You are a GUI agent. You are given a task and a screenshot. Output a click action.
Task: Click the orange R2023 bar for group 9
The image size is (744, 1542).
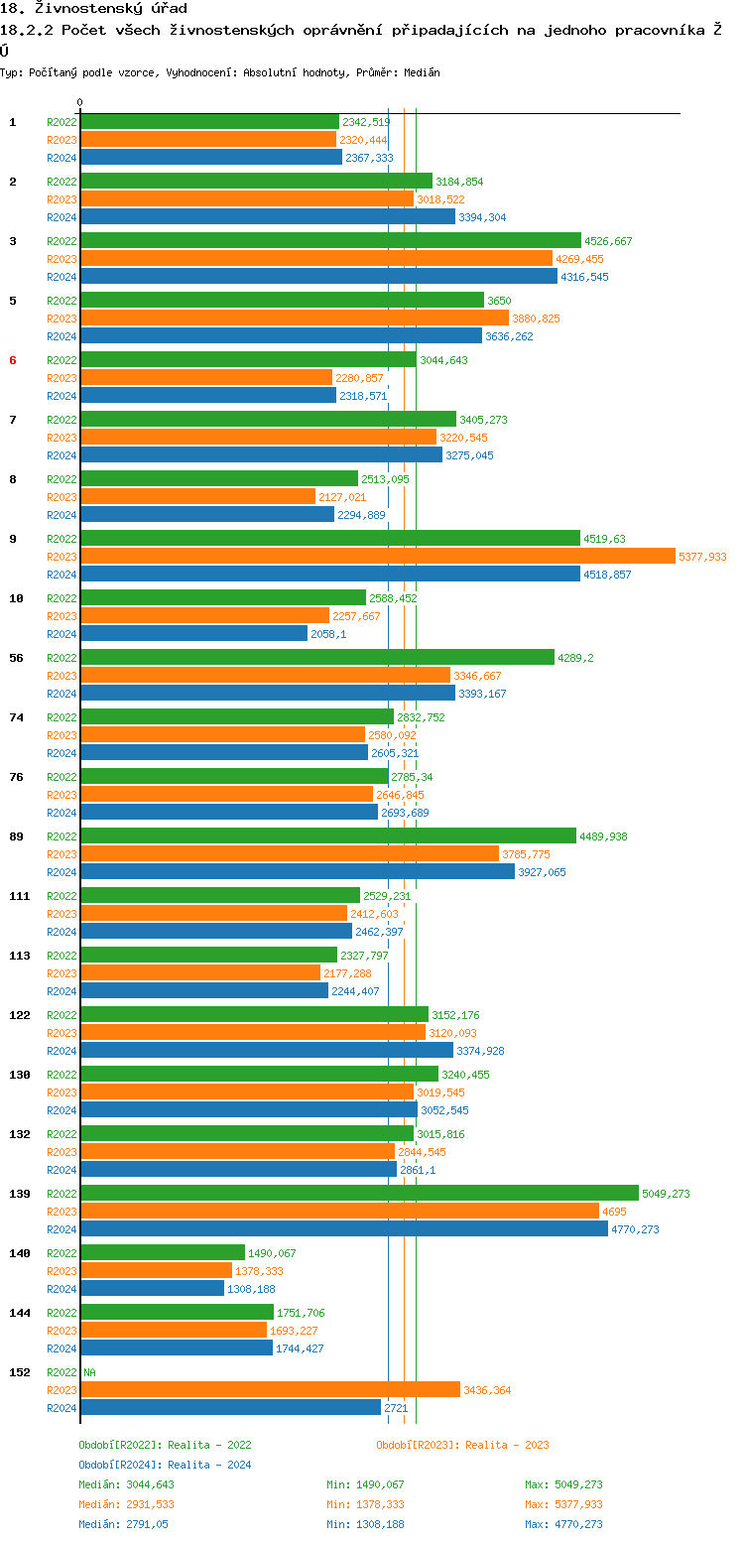pos(377,557)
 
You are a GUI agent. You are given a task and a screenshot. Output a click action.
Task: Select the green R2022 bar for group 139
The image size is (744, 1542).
pos(359,1193)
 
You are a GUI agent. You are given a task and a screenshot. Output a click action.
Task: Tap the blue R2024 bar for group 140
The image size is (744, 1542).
pos(152,1288)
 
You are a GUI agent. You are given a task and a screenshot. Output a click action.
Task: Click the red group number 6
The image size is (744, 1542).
pos(13,360)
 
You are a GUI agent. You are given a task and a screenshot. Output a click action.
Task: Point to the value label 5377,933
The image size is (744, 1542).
pos(702,557)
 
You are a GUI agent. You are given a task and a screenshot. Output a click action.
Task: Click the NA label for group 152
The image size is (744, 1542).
pos(89,1372)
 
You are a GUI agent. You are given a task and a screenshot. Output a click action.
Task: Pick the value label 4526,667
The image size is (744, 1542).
pos(608,241)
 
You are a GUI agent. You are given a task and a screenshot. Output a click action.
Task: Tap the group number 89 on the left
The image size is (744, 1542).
pos(16,836)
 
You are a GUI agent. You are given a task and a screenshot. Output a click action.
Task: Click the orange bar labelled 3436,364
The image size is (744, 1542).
pos(270,1390)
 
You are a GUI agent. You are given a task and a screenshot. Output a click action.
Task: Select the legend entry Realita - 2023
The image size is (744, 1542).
pos(462,1445)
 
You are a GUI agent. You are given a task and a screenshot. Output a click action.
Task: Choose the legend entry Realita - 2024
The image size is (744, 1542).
pos(165,1465)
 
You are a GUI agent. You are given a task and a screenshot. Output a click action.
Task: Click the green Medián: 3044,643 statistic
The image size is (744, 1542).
pos(126,1484)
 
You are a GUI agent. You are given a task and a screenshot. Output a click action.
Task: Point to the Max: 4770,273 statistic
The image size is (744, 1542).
pos(563,1524)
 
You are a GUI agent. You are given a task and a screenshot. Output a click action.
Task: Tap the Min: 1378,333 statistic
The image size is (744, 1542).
pos(365,1504)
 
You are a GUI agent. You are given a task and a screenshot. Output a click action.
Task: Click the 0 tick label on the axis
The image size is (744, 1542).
pos(80,102)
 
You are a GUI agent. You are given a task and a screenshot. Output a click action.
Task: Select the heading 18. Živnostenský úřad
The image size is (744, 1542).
pos(93,9)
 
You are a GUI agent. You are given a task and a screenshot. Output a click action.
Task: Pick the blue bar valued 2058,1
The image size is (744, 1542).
pos(193,633)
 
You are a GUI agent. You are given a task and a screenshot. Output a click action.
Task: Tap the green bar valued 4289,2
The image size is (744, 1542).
pos(317,657)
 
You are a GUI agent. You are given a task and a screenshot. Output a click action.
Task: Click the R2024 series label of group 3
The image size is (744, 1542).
pos(62,277)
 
